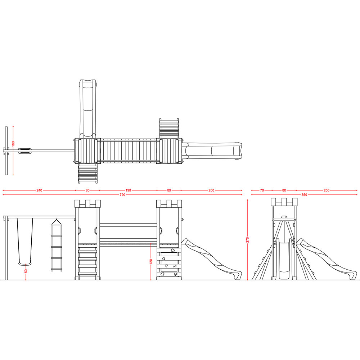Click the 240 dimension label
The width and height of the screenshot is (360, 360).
[39, 190]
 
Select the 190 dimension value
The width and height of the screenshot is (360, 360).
[128, 190]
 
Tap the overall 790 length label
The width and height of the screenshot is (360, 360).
[122, 195]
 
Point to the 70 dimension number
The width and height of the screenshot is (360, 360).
[262, 190]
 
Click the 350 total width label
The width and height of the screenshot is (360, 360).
[304, 195]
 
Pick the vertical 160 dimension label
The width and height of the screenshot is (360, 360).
[13, 144]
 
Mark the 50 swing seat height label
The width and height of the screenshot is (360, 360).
[26, 271]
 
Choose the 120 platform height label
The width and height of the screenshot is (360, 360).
[151, 261]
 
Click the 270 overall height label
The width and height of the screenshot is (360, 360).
[248, 240]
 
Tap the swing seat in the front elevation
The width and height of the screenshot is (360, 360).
[25, 264]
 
